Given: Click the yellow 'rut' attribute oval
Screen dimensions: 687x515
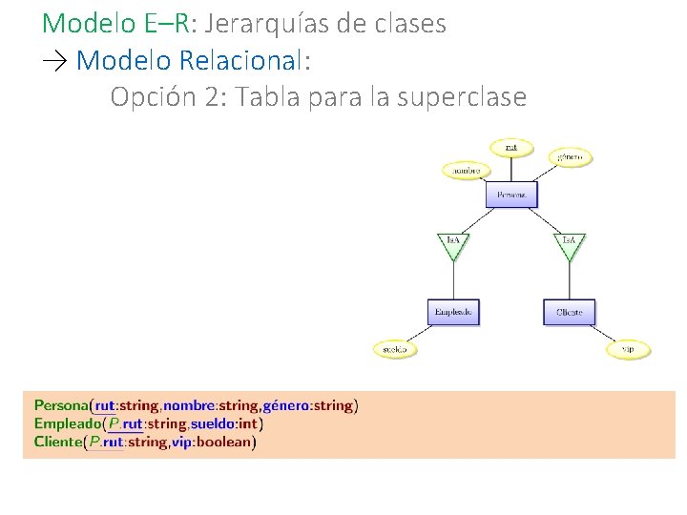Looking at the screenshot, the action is pos(511,148).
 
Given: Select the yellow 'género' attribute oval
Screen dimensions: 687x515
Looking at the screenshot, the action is pos(571,156).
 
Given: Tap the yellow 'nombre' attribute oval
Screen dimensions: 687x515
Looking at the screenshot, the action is pos(466,171).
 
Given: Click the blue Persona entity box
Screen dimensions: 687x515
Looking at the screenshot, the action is pos(511,195).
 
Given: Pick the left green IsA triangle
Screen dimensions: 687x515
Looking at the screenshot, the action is pos(453,243).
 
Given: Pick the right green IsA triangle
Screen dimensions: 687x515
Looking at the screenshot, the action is pos(570,243).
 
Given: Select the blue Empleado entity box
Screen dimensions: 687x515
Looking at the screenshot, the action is pos(453,312).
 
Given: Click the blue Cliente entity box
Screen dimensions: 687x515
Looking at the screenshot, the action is pos(570,312).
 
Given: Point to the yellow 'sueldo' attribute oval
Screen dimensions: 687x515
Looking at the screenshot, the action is pos(394,349).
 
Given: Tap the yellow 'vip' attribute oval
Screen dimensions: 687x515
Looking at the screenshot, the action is pos(628,349).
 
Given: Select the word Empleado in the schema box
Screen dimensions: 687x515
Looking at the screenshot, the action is pos(66,423).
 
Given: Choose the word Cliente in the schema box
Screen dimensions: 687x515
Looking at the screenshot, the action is pos(58,442).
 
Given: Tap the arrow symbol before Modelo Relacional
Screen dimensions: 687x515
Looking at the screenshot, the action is pos(55,60).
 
